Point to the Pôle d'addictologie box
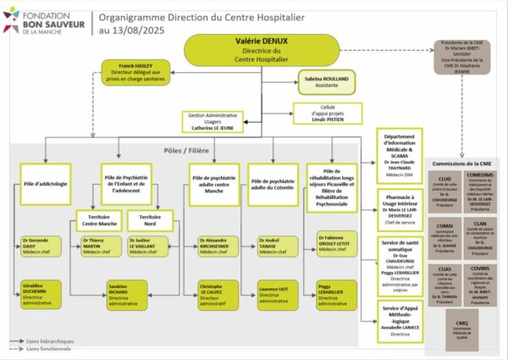(x=45, y=183)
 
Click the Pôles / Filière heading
(x=185, y=150)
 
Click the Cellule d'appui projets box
(x=315, y=113)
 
